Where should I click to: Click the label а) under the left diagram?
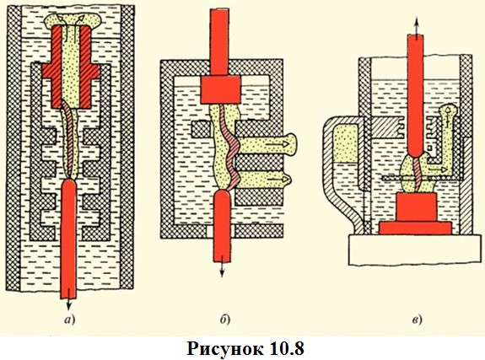(x=70, y=320)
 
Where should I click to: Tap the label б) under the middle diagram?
(x=225, y=320)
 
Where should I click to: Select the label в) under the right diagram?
(x=418, y=320)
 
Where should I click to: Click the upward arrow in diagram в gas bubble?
(x=447, y=116)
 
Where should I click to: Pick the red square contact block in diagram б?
(x=220, y=89)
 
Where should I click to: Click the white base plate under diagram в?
(x=414, y=250)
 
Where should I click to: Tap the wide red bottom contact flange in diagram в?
(x=415, y=228)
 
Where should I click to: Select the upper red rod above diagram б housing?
(x=219, y=42)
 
